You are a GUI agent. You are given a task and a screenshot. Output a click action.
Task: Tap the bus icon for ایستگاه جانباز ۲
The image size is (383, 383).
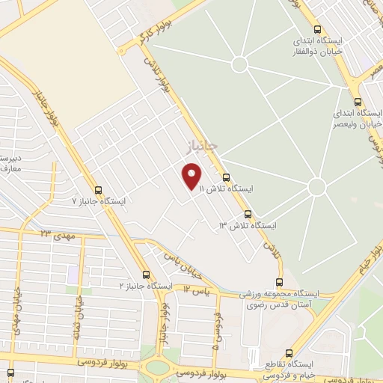tap(145, 274)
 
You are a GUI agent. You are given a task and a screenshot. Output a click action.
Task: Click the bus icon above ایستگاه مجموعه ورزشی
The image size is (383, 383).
tap(279, 282)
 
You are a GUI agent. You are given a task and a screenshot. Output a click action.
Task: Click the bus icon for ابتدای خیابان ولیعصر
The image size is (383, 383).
tap(358, 102)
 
